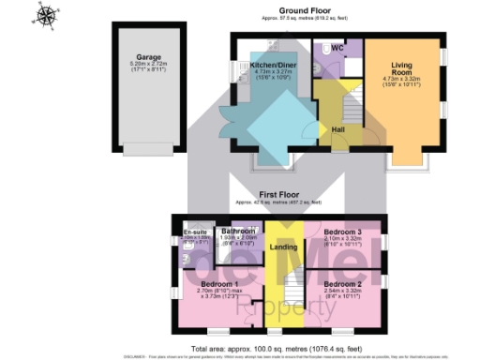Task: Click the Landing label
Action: pos(277,247)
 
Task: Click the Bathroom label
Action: pos(237,231)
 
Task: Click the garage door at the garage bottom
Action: pos(145,147)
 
